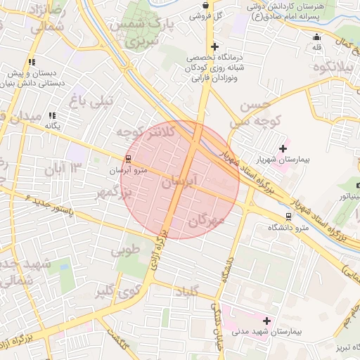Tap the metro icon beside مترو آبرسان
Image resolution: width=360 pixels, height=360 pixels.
[x=127, y=159]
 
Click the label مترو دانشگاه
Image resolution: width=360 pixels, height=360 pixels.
[x=288, y=228]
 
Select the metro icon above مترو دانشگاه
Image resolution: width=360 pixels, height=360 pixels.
[x=288, y=217]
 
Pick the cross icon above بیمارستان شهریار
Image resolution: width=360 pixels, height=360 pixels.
[x=283, y=148]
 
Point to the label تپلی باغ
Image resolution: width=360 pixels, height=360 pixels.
[x=95, y=101]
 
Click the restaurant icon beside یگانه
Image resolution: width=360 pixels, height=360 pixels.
[x=52, y=115]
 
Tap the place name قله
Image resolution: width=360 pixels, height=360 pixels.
[x=316, y=47]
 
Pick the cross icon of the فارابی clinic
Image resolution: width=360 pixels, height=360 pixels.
[x=214, y=46]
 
